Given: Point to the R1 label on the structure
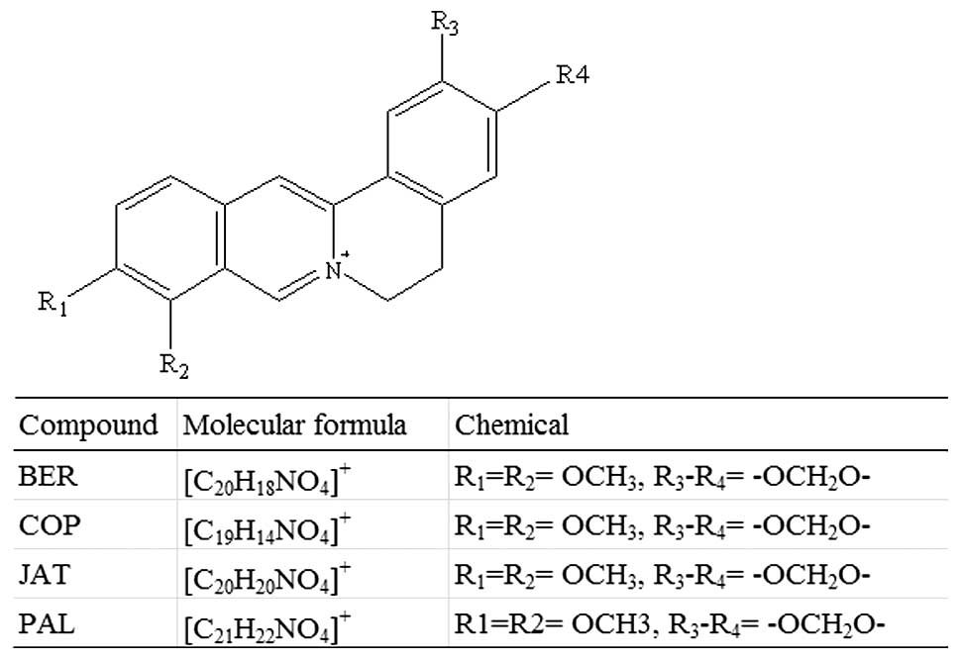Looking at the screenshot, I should click(53, 304).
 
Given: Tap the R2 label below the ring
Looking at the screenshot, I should click(173, 366).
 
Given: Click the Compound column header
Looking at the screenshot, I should click(88, 425).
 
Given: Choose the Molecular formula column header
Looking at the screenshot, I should click(293, 425).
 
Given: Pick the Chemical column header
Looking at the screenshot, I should click(511, 425).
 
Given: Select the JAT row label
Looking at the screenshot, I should click(45, 574).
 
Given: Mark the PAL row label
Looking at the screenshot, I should click(46, 623).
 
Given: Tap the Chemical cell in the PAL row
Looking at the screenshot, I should click(668, 624).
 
